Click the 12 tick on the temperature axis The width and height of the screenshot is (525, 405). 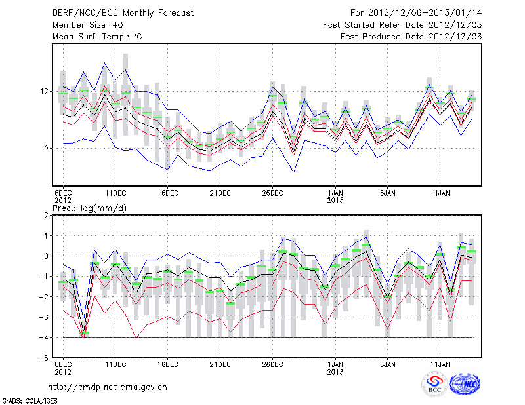point(45,91)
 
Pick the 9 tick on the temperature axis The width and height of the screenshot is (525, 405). point(47,148)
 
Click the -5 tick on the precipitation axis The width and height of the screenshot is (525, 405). point(45,358)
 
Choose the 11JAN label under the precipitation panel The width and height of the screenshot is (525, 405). point(440,364)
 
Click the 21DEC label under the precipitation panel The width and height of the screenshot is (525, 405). point(220,364)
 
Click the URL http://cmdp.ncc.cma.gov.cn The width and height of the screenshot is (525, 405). point(108,387)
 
